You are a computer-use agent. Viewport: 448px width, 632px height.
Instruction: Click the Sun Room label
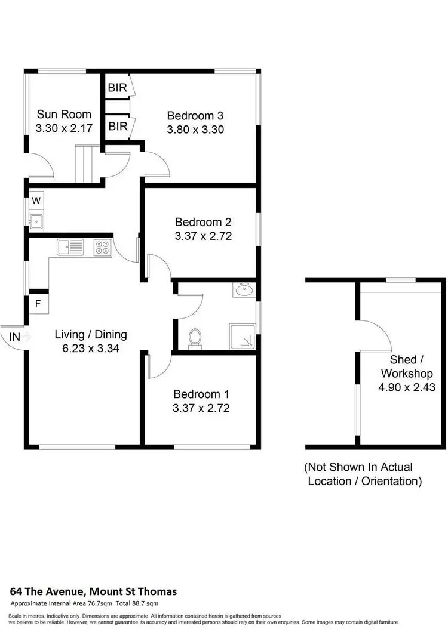pos(64,114)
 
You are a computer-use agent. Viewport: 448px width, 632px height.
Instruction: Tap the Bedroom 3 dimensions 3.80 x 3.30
pos(195,128)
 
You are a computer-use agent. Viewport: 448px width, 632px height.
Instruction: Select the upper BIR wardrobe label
pos(118,87)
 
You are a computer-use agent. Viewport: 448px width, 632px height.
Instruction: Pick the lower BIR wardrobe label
pos(118,126)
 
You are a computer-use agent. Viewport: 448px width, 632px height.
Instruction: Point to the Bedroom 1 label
pos(201,394)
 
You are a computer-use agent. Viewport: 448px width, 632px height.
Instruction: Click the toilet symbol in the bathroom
pos(195,338)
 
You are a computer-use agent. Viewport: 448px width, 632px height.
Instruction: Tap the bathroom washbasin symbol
pos(244,291)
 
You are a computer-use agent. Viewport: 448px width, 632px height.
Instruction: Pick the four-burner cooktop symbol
pos(102,246)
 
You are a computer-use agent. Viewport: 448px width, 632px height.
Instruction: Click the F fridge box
pos(38,303)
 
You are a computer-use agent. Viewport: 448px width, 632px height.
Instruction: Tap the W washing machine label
pos(36,200)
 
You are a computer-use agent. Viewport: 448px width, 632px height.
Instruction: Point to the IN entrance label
pos(15,337)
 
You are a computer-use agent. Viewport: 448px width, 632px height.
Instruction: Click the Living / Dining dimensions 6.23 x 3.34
pos(91,349)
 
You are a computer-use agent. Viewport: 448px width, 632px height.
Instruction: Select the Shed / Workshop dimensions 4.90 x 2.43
pos(406,387)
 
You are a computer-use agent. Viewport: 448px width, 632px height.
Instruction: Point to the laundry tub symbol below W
pos(36,220)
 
